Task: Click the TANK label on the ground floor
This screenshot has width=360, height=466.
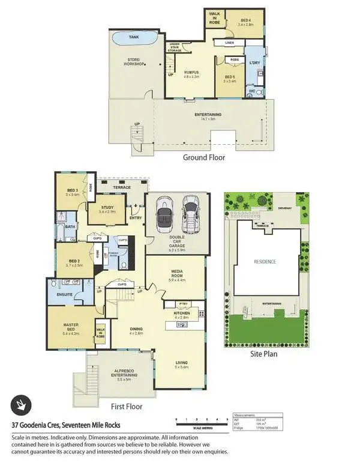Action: (x=134, y=37)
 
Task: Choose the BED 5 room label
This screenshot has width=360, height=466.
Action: (x=230, y=77)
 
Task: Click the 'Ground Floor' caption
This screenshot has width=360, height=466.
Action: (x=204, y=157)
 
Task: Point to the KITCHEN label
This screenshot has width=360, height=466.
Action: (x=182, y=313)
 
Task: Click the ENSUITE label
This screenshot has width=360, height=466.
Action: (x=64, y=295)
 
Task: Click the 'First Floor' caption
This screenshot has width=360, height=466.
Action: (x=127, y=407)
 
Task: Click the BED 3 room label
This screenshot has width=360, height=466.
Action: (x=73, y=192)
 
